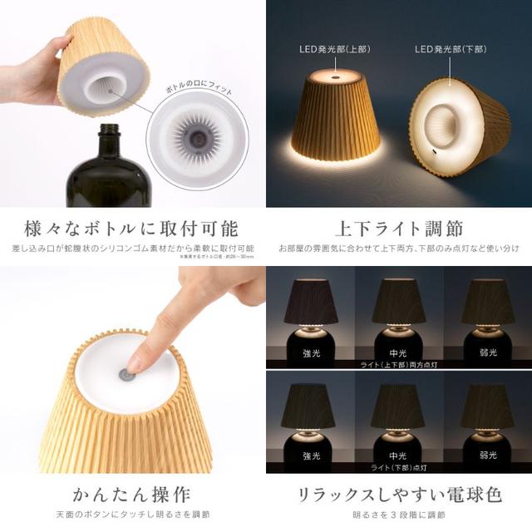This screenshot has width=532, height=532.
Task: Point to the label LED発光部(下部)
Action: pos(450,51)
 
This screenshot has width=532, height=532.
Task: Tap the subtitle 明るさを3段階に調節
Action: pos(399,517)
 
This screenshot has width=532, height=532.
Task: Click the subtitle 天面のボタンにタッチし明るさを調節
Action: pos(133,517)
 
